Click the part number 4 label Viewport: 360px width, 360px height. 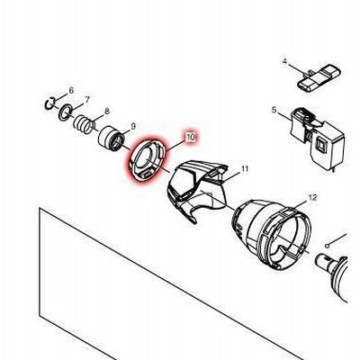[284, 61]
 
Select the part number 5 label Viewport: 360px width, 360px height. [274, 110]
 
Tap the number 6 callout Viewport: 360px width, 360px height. [71, 90]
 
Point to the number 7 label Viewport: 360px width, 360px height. [87, 99]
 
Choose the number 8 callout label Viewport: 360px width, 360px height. [107, 112]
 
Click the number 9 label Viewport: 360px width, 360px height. [133, 126]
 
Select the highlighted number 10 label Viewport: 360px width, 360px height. [190, 138]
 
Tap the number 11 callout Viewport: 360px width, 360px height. [245, 168]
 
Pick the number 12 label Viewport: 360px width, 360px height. [312, 197]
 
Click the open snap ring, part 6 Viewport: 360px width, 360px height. [47, 104]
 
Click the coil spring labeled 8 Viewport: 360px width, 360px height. [84, 124]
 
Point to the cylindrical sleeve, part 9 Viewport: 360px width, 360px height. [111, 139]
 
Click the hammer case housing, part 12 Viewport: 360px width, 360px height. [272, 232]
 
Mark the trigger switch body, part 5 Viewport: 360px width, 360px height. [317, 138]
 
